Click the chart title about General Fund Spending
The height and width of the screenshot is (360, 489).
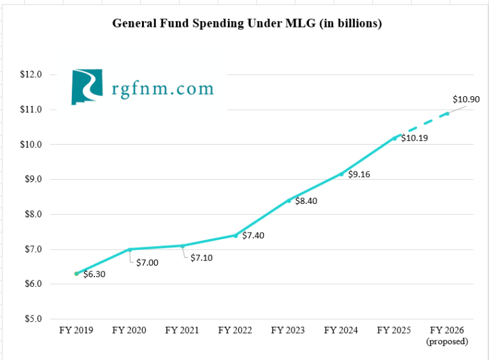coord(247,24)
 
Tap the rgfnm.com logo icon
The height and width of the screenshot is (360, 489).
coord(86,87)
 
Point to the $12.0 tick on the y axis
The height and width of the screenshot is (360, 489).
coord(31,75)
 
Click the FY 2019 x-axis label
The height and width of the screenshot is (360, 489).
coord(76,330)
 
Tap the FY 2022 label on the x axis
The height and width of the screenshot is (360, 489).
coord(235,330)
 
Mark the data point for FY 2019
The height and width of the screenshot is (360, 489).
coord(76,273)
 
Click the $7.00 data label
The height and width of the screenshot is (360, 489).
coord(148,263)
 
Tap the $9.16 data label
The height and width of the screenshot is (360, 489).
coord(360,175)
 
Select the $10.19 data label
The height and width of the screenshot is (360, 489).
coord(415,138)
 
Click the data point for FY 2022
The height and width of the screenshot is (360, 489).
coord(236,236)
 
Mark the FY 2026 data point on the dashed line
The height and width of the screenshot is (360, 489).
coord(447,113)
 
